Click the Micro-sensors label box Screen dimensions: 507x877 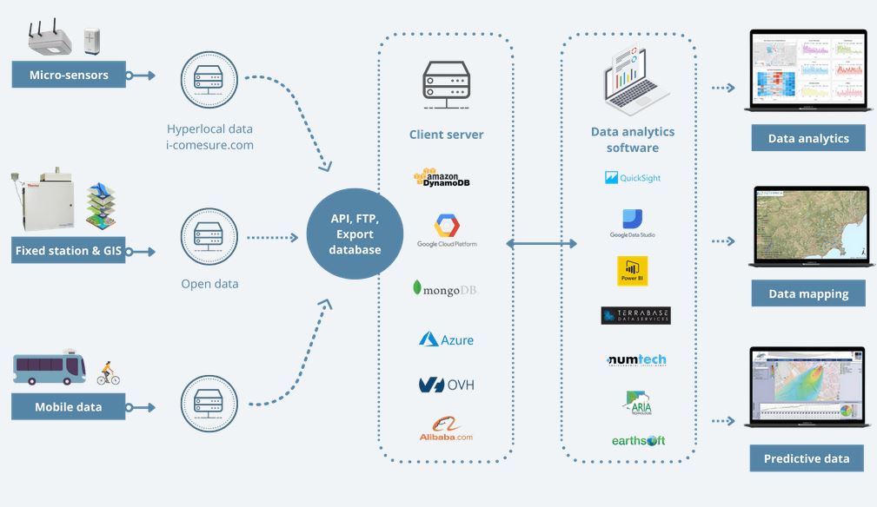tap(69, 75)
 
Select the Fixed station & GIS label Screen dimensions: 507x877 tap(69, 252)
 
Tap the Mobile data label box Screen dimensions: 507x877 tap(69, 406)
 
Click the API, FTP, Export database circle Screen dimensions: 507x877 tap(355, 234)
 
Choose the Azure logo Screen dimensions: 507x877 tap(446, 339)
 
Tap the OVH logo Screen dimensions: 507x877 tap(446, 385)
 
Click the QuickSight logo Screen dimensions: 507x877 tap(633, 178)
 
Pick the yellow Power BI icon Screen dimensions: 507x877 tap(632, 271)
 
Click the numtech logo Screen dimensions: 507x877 tap(635, 359)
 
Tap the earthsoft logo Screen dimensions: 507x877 tap(637, 441)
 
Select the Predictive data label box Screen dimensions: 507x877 tap(807, 458)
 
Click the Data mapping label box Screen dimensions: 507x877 tap(808, 293)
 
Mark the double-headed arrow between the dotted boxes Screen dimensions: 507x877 tap(541, 244)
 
